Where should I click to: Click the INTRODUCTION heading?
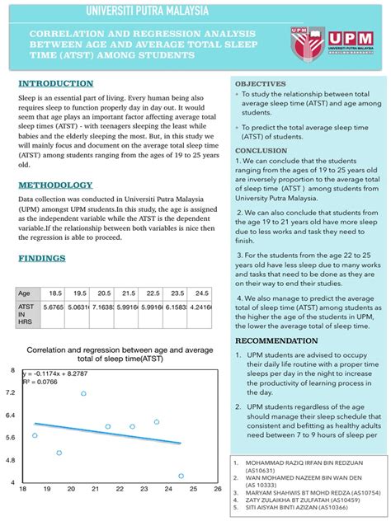(55, 84)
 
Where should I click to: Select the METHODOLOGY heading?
(55, 185)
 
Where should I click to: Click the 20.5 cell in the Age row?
(104, 293)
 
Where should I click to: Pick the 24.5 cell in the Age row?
(200, 293)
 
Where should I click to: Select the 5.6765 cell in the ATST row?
(55, 308)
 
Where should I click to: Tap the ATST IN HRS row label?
(26, 313)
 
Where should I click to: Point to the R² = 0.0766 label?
(41, 383)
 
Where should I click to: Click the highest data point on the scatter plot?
(83, 394)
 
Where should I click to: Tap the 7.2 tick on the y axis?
(10, 393)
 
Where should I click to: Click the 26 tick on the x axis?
(217, 489)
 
